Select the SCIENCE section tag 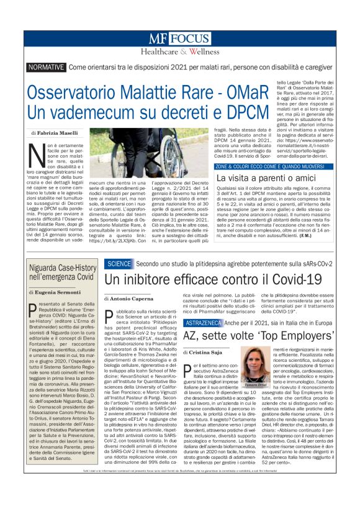119,263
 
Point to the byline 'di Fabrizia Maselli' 55,133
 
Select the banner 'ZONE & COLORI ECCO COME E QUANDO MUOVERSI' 271,167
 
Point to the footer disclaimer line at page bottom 179,492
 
